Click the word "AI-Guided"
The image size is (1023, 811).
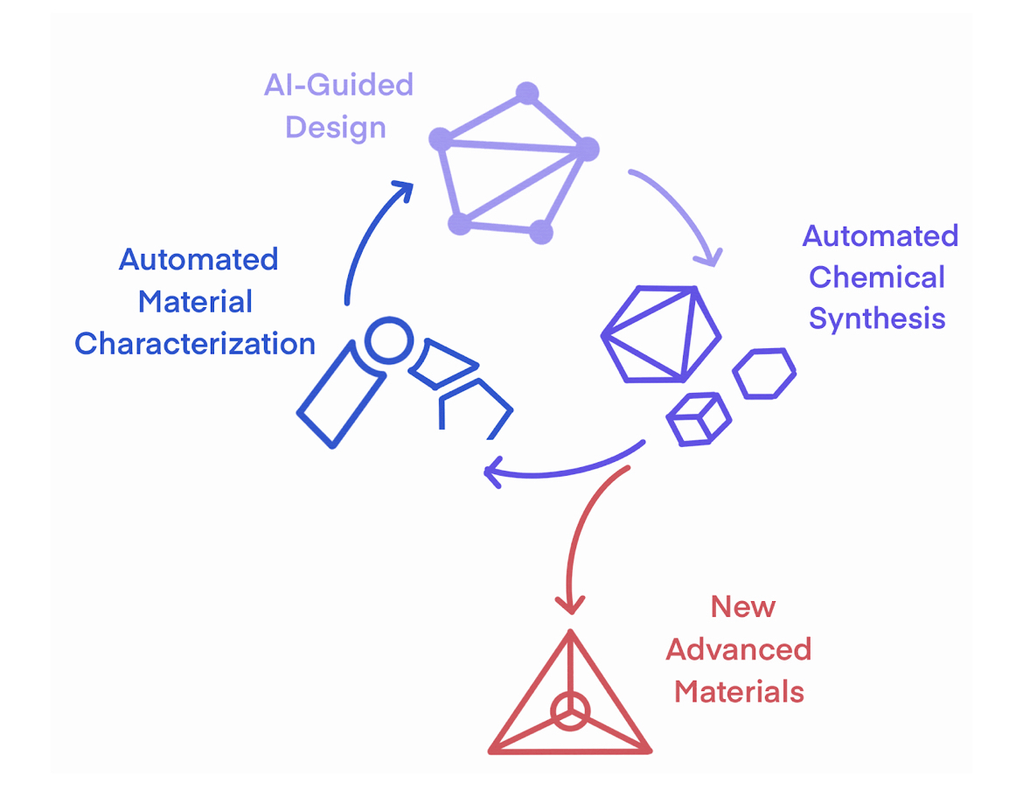[338, 86]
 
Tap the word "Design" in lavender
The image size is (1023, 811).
[336, 128]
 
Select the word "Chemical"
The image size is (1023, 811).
[876, 277]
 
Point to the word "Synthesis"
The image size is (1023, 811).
[876, 319]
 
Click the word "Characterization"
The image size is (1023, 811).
[195, 344]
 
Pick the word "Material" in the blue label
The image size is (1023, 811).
[195, 302]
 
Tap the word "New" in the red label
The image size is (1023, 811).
[742, 606]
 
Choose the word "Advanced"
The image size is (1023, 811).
[739, 649]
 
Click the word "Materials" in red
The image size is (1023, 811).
[739, 691]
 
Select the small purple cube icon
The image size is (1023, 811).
[699, 418]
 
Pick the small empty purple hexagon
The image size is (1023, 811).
[763, 374]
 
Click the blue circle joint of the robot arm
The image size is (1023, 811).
[387, 341]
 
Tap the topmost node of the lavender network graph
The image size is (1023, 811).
[526, 93]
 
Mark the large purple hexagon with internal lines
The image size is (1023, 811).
[661, 334]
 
